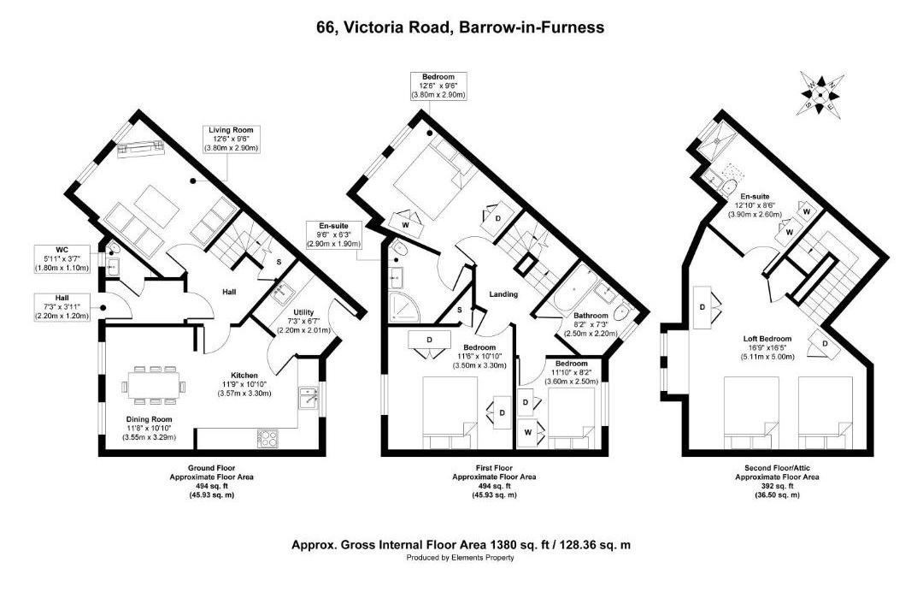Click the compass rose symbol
[820, 93]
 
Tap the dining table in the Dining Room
[154, 386]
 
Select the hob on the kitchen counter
[267, 438]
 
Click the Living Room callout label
[231, 139]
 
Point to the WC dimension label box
[62, 258]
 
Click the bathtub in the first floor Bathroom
[570, 288]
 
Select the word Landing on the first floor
[503, 294]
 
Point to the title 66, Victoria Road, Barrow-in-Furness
[461, 27]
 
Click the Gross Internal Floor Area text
[461, 545]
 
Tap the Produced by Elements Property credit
[461, 558]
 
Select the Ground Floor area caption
[211, 482]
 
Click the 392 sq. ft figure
[777, 486]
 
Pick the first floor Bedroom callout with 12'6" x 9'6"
[438, 86]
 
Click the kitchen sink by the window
[309, 398]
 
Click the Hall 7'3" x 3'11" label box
[62, 307]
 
